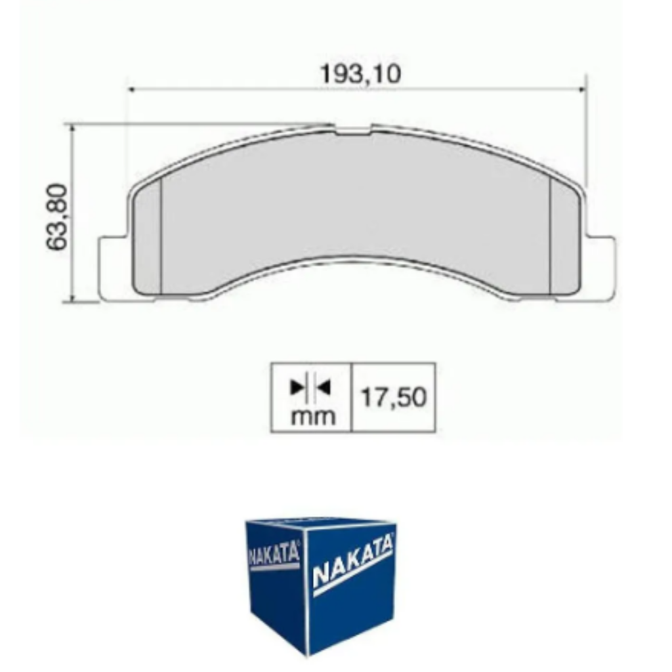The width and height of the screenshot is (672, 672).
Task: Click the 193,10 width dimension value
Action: tap(360, 74)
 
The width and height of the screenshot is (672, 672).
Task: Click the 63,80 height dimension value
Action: tap(58, 217)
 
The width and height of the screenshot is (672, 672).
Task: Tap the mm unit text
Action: tap(312, 415)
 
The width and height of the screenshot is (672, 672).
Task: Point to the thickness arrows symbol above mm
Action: tap(311, 388)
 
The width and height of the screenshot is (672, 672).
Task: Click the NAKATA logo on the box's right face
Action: tap(352, 562)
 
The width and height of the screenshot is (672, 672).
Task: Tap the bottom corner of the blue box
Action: tap(306, 654)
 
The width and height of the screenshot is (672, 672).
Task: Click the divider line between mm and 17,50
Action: tap(352, 397)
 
